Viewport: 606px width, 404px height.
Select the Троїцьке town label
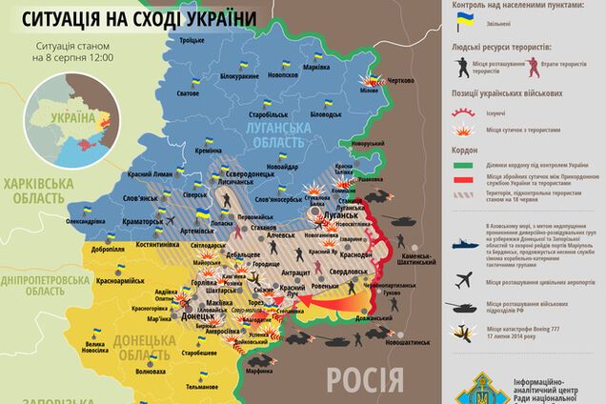[x=192, y=40]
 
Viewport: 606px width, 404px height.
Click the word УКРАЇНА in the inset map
[x=76, y=118]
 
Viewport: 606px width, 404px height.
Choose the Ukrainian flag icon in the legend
[x=463, y=18]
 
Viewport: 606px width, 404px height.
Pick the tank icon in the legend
[x=463, y=308]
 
